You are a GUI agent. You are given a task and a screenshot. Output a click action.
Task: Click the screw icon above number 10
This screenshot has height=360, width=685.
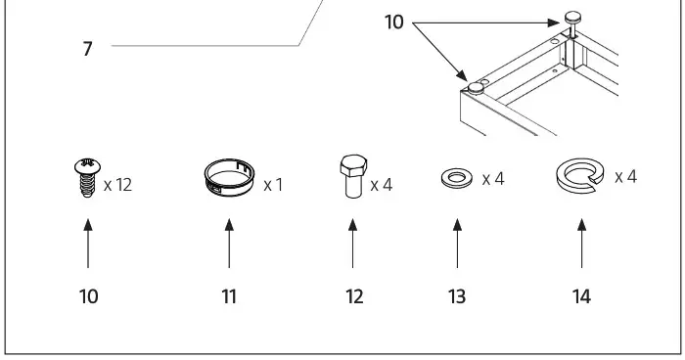(88, 181)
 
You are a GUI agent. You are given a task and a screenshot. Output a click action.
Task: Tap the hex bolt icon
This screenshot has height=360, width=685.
(352, 176)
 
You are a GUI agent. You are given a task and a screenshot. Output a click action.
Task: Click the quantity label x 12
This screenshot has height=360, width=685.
(116, 184)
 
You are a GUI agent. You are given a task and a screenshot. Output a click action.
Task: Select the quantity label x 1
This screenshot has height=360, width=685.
(273, 184)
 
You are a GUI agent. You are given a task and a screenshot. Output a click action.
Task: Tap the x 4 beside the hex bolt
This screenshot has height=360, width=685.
(382, 184)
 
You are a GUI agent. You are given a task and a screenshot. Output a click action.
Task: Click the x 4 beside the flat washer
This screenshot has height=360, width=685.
(492, 180)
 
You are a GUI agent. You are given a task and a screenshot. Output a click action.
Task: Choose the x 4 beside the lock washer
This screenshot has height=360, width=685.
(626, 177)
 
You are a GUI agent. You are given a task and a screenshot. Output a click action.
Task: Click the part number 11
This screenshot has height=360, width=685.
(229, 296)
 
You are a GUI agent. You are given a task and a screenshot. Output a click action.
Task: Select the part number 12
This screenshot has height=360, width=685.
(354, 296)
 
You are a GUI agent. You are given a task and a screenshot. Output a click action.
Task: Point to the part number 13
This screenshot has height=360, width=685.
(457, 296)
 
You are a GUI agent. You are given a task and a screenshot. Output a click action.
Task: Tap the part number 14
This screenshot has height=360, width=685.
(581, 295)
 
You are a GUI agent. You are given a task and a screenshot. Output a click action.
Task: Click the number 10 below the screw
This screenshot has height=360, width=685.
(88, 296)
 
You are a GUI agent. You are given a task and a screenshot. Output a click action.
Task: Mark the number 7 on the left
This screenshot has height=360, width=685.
(87, 47)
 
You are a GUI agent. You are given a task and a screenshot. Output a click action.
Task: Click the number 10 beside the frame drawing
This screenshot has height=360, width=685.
(393, 22)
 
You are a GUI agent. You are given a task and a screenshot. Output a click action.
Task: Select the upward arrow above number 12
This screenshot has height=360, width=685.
(352, 242)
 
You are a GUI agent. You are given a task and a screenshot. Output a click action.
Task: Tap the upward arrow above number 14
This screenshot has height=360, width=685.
(581, 242)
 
